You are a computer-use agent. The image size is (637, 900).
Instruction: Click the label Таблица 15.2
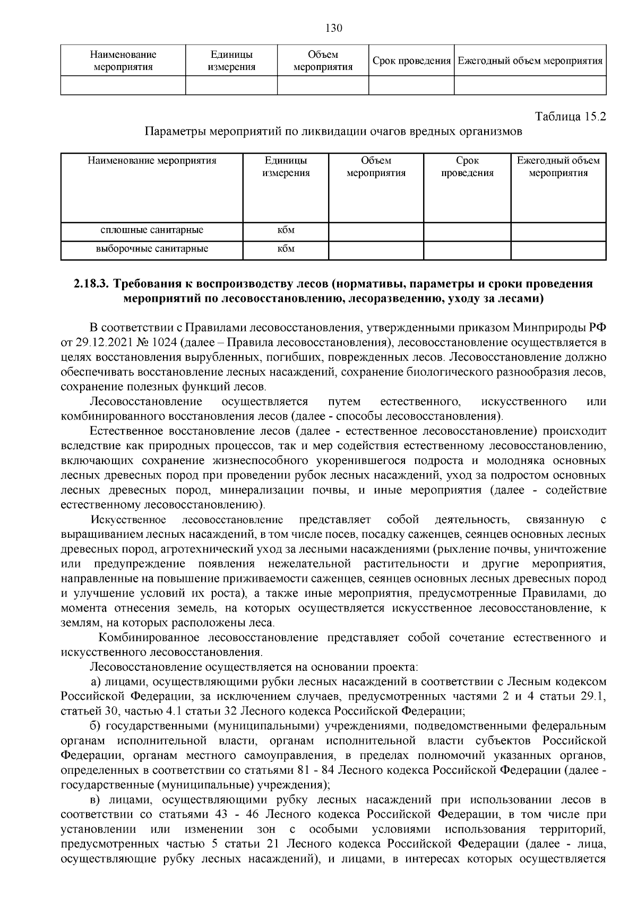coord(571,116)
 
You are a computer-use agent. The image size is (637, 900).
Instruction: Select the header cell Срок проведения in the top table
coord(411,61)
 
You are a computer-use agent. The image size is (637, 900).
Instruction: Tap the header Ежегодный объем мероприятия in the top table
coord(530,61)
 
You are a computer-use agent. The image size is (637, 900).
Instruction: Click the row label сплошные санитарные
coord(152,230)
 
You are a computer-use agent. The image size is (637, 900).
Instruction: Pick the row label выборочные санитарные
coord(152,249)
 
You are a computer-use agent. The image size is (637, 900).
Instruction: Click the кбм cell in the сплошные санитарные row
coord(286,230)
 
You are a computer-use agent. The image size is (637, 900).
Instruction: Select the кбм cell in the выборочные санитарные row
coord(286,249)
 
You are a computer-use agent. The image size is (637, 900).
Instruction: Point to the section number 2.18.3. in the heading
coord(91,284)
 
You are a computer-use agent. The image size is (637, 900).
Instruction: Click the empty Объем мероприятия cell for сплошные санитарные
coord(376,230)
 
